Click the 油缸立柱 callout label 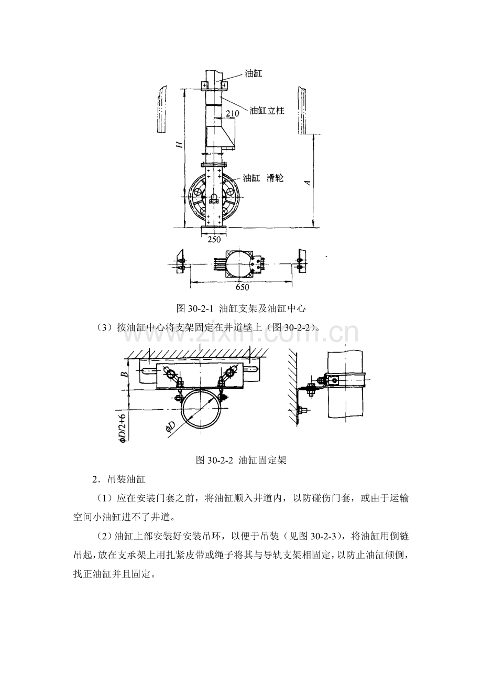[x=267, y=110]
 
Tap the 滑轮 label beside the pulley [x=275, y=178]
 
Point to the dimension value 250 [x=214, y=240]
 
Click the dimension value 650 [x=243, y=287]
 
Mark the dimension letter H [x=180, y=144]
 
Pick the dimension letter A [x=308, y=182]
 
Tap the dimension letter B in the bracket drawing [x=125, y=373]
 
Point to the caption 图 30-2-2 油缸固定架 [x=241, y=460]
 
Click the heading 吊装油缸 [x=127, y=479]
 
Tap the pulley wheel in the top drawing [x=214, y=198]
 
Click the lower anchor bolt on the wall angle [x=303, y=411]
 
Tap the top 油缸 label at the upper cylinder [x=254, y=73]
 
